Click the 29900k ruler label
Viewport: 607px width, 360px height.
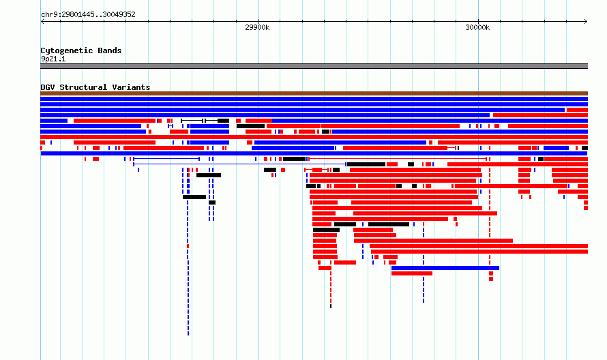click(x=257, y=27)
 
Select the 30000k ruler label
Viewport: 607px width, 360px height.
click(x=477, y=27)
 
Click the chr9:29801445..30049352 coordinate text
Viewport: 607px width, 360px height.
click(x=88, y=15)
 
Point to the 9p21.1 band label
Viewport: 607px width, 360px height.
click(x=53, y=59)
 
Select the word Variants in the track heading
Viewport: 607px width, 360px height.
click(x=131, y=87)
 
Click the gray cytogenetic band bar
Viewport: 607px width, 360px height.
click(x=314, y=66)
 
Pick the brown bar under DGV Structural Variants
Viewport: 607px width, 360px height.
click(x=314, y=93)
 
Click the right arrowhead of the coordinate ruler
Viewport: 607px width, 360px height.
click(x=587, y=22)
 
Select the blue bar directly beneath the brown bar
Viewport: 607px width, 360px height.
click(x=314, y=99)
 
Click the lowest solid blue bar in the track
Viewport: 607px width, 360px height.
click(x=445, y=268)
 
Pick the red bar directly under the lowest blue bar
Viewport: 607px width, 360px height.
click(x=412, y=273)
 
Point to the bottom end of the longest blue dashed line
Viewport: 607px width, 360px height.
click(x=188, y=335)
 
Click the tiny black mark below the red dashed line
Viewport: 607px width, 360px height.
click(x=331, y=306)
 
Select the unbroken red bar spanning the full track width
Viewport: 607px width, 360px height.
click(x=314, y=137)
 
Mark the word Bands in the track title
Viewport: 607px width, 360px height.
click(x=110, y=50)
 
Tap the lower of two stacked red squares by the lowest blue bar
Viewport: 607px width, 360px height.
click(x=491, y=279)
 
